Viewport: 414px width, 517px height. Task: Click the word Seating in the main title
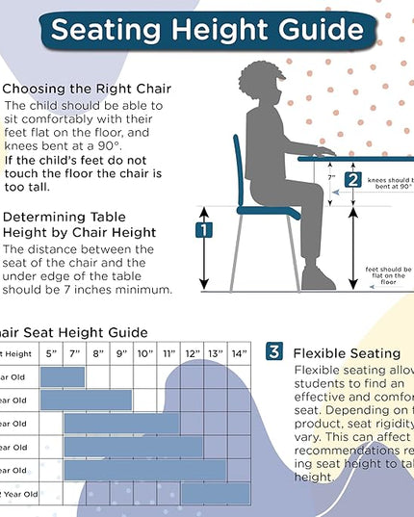pos(103,29)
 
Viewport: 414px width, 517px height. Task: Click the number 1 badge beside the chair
pos(204,230)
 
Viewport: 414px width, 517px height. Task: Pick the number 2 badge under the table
pos(352,179)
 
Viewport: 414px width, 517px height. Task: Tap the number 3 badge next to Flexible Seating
pos(274,351)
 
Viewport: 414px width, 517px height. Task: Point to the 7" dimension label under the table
pos(330,178)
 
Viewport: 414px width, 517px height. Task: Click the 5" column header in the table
pos(51,353)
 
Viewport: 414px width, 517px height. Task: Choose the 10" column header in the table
pos(144,353)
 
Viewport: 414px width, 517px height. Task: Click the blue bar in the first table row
pos(63,376)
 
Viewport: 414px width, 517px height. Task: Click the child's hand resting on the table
pos(324,151)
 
